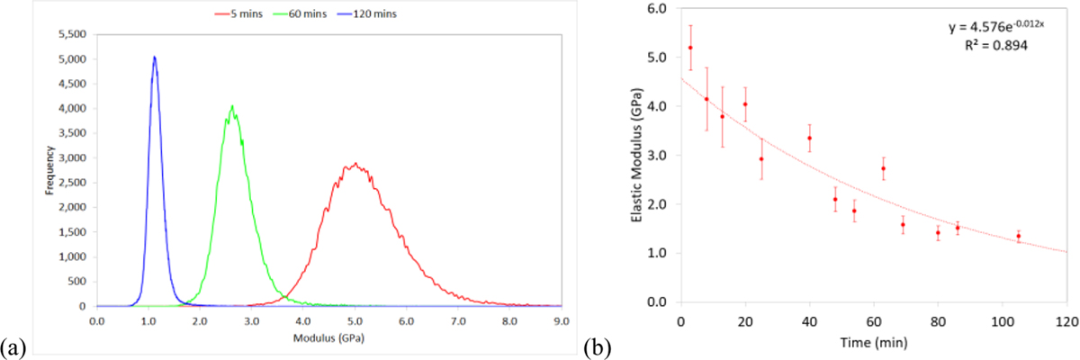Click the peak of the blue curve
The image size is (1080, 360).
[154, 58]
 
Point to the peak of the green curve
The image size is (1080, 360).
[232, 106]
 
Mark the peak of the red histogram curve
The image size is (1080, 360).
[356, 164]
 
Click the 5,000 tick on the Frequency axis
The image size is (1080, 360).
[73, 59]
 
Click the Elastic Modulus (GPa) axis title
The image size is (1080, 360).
[634, 155]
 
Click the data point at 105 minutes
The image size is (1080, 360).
[1018, 236]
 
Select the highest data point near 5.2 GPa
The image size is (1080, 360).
[690, 48]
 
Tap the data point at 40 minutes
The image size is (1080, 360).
[809, 138]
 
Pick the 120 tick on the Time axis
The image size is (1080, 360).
[1066, 319]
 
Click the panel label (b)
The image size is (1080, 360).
[596, 346]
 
